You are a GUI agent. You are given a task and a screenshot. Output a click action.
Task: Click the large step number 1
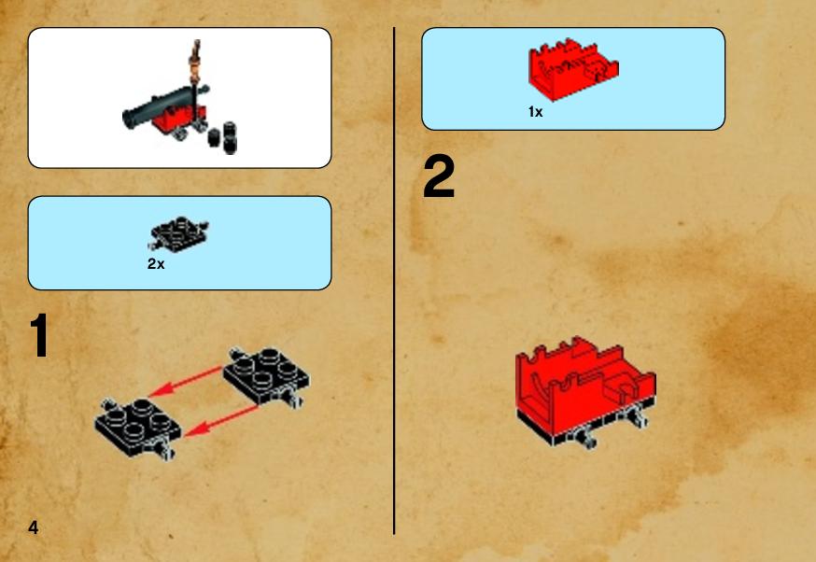39,335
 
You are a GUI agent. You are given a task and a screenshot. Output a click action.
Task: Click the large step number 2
439,177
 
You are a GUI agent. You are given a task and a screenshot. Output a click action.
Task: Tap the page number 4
34,527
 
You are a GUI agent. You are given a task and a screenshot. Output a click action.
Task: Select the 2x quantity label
156,264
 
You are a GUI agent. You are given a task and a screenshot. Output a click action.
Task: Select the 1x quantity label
536,112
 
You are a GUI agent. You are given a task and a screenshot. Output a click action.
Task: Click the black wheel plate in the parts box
179,233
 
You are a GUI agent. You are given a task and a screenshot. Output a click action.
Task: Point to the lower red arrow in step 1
221,421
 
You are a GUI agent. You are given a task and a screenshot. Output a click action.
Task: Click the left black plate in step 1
138,428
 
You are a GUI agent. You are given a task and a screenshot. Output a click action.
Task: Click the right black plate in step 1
266,375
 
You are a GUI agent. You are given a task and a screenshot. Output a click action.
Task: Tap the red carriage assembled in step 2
586,391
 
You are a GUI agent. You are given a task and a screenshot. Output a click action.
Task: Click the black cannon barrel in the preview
164,106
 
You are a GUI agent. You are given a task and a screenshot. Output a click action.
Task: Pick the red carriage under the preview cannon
179,119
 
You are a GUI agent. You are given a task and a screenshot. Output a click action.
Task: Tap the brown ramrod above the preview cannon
196,62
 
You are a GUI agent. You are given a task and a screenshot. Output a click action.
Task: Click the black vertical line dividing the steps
394,281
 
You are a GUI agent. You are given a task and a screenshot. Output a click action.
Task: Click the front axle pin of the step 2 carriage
589,438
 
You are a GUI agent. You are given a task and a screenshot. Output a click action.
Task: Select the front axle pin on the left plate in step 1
167,450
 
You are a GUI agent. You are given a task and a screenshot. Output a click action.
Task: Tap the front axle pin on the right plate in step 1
295,399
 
